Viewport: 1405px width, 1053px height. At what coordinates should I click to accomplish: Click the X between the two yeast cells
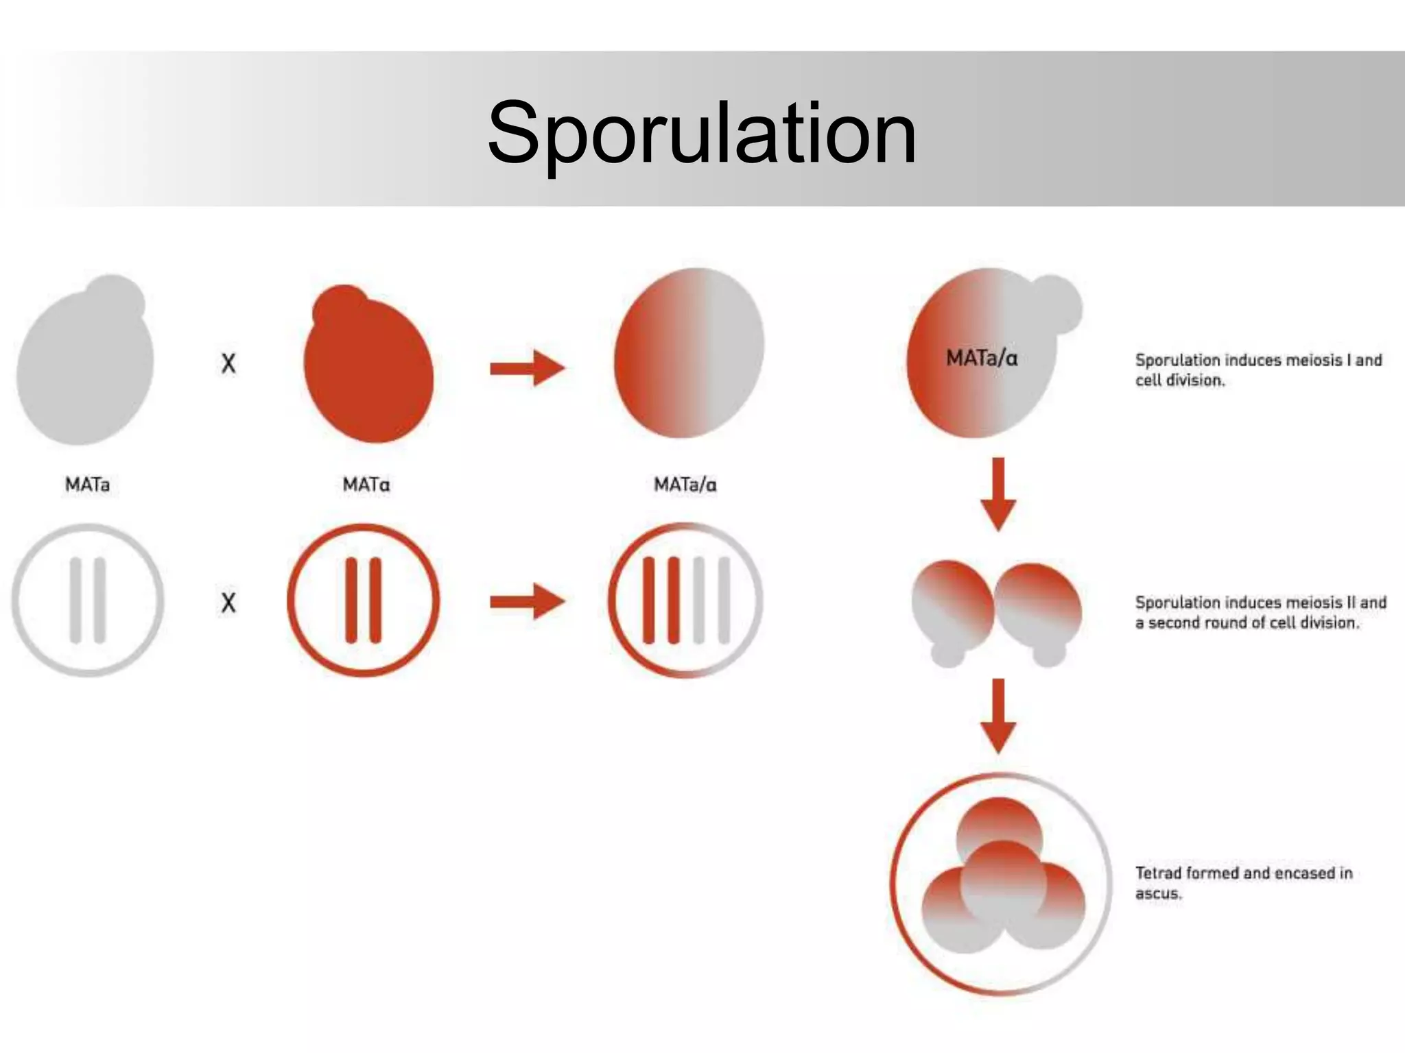228,363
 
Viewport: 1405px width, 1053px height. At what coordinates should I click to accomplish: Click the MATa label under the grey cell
87,485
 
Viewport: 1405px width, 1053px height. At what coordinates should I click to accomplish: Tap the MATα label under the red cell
366,485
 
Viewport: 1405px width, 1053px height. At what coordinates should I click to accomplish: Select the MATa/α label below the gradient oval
685,485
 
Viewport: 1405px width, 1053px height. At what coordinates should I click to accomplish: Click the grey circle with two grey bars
88,601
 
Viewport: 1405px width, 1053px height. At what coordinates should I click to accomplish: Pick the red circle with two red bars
363,601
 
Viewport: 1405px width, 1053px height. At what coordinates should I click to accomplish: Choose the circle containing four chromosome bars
685,601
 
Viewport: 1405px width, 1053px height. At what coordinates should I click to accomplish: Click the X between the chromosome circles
228,603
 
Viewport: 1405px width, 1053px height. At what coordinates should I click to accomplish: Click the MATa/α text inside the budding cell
981,358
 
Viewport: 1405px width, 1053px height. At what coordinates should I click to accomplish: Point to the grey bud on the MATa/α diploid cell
1056,304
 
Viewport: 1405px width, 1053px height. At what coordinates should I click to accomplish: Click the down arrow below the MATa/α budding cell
998,494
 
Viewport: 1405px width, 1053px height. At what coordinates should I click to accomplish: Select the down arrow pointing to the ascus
998,716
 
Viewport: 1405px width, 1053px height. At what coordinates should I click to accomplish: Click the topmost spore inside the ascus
1000,823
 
